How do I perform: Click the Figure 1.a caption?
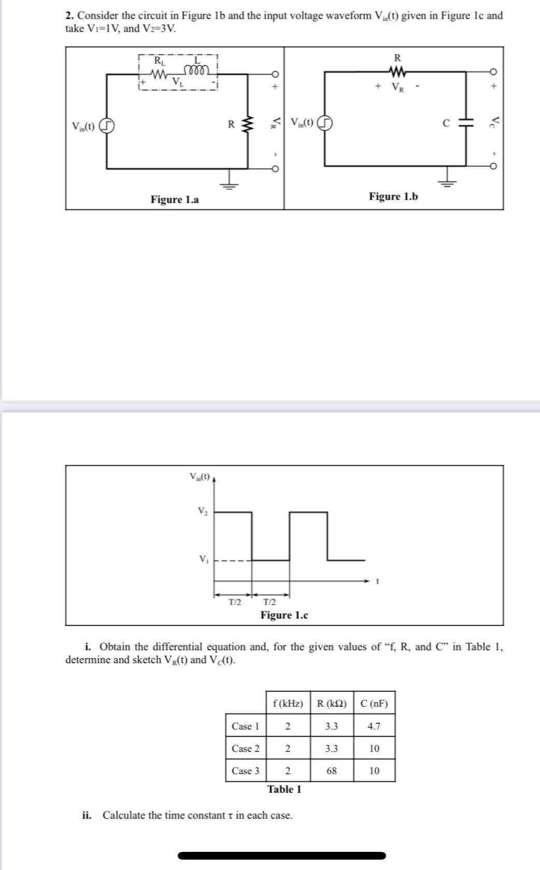[174, 200]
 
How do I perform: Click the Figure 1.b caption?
[393, 197]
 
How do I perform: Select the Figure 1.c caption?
[284, 615]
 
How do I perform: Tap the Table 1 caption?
[284, 789]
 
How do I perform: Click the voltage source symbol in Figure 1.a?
[107, 127]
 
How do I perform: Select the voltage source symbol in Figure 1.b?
[324, 123]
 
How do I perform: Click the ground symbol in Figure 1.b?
[448, 181]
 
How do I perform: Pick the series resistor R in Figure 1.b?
[397, 71]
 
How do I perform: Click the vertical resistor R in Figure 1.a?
[246, 124]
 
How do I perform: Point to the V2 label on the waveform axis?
[203, 511]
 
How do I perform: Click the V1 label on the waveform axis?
[203, 559]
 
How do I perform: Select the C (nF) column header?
[374, 704]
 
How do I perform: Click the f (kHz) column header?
[288, 704]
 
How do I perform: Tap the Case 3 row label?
[246, 771]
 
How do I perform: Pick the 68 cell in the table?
[332, 771]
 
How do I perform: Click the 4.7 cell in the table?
[374, 726]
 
